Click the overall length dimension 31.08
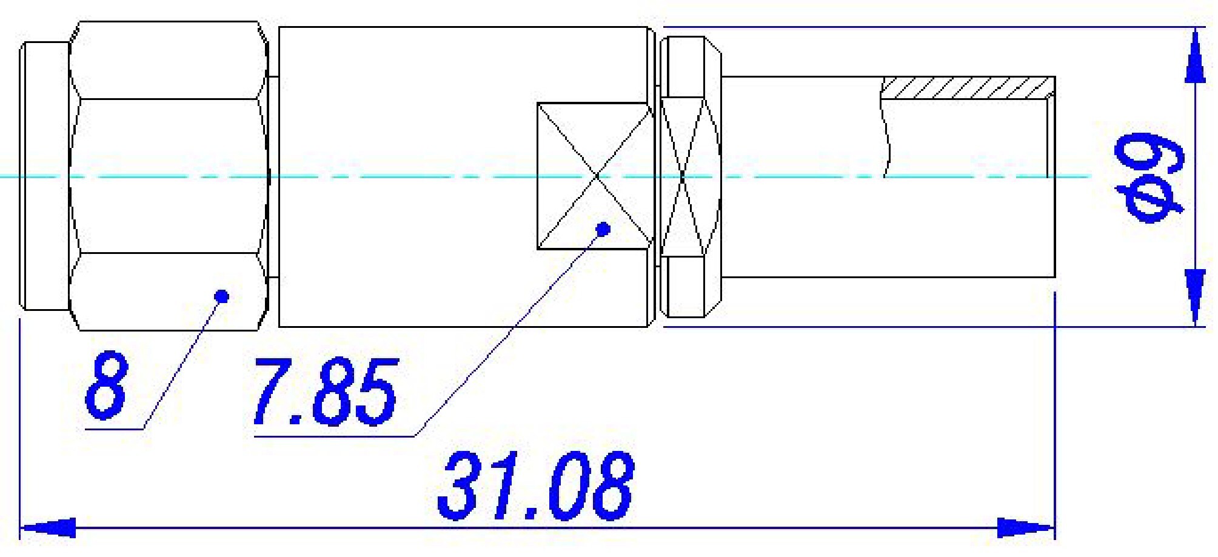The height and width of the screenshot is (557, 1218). [x=536, y=485]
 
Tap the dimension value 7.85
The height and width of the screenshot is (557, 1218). [x=326, y=392]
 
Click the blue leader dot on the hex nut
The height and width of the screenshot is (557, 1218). [x=223, y=296]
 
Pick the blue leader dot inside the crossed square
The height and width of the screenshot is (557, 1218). [x=603, y=228]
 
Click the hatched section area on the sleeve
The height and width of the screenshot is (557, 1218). [x=966, y=88]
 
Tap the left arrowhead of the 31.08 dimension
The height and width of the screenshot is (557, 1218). [x=49, y=528]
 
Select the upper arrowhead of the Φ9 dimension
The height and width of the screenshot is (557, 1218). [x=1194, y=58]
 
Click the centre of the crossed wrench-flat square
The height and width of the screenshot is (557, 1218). [x=597, y=176]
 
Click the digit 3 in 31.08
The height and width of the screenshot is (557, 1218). [x=458, y=485]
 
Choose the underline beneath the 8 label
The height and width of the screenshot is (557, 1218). [x=115, y=429]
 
